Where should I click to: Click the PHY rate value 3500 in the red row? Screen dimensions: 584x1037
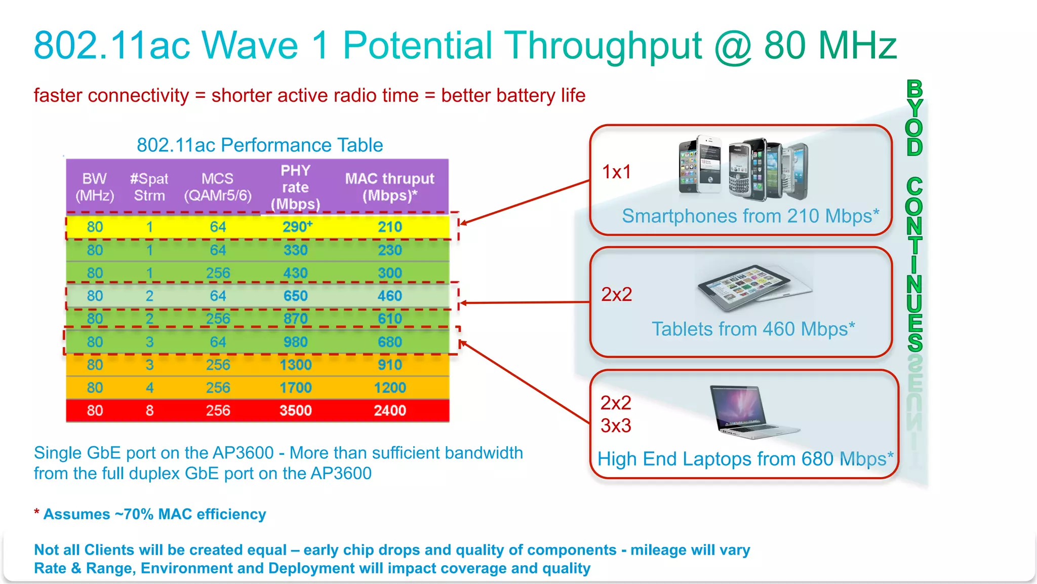[295, 410]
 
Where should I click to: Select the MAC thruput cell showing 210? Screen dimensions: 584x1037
[389, 227]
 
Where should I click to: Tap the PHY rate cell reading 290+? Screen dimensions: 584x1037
[297, 227]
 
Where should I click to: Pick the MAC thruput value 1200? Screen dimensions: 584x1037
[389, 387]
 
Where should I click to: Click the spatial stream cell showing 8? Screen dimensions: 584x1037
[149, 410]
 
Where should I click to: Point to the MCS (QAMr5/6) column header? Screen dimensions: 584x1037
[217, 187]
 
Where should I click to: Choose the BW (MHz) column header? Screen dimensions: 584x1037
[95, 187]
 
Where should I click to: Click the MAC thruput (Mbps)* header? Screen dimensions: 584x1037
[389, 187]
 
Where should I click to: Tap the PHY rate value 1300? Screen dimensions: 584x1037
[295, 365]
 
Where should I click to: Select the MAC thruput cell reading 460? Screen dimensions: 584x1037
[389, 296]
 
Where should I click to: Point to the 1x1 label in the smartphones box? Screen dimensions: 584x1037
[616, 172]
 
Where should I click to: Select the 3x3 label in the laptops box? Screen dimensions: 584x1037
[616, 425]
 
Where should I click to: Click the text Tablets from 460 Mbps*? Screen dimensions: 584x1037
[753, 329]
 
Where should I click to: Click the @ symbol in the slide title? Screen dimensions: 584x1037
[733, 47]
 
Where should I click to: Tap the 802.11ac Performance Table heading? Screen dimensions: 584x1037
[260, 145]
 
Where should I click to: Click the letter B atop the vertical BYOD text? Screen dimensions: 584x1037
[914, 89]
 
